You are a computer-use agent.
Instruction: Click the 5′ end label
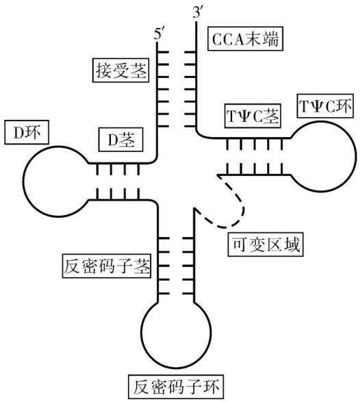pyautogui.click(x=159, y=34)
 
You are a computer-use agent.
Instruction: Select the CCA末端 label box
pyautogui.click(x=245, y=38)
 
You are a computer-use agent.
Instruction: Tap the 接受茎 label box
pyautogui.click(x=120, y=71)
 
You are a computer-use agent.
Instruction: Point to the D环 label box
pyautogui.click(x=27, y=132)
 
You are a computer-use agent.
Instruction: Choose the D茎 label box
pyautogui.click(x=120, y=140)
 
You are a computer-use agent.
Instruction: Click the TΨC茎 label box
pyautogui.click(x=253, y=116)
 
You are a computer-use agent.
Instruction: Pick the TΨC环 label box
pyautogui.click(x=325, y=105)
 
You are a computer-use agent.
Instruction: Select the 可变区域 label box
pyautogui.click(x=266, y=244)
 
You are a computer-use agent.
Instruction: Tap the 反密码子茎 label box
pyautogui.click(x=106, y=266)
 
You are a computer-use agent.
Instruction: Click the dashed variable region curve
pyautogui.click(x=241, y=203)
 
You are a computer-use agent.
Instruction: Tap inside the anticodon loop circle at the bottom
pyautogui.click(x=176, y=333)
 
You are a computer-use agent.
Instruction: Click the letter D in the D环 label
pyautogui.click(x=18, y=133)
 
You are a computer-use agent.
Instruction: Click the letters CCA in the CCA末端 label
pyautogui.click(x=229, y=39)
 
